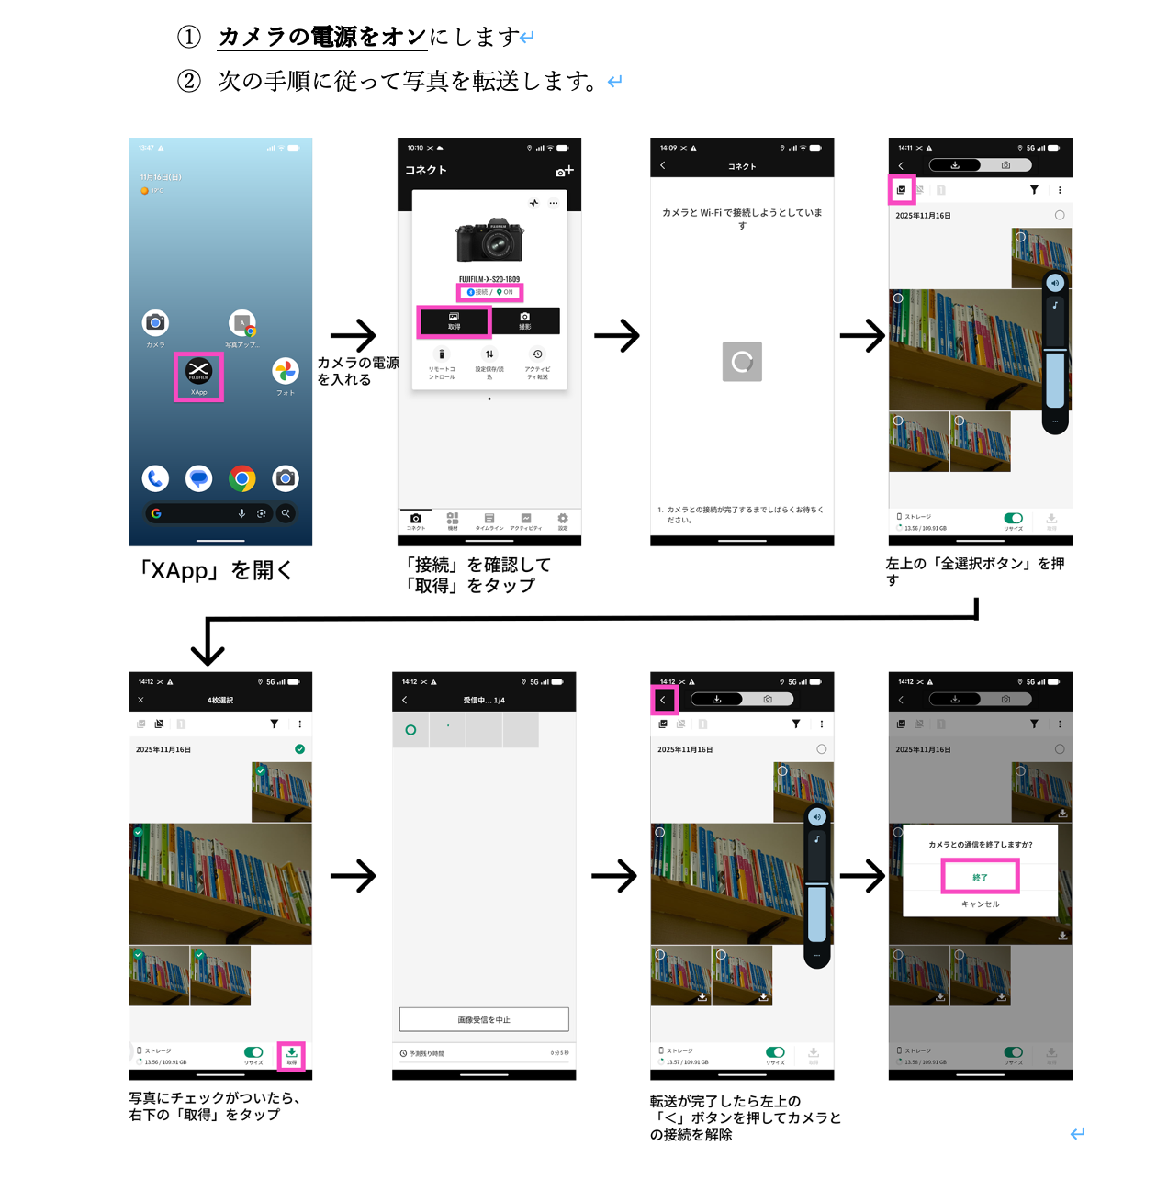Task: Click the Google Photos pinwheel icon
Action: tap(286, 371)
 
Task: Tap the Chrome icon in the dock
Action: tap(242, 478)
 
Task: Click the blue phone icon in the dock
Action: tap(155, 478)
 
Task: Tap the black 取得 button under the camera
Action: tap(454, 320)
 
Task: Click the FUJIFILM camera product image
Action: tap(489, 241)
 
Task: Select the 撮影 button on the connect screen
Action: tap(524, 320)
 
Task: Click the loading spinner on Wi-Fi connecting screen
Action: tap(742, 362)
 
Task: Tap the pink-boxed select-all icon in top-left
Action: tap(901, 190)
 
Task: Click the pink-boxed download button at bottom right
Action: tap(291, 1055)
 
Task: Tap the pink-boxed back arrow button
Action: tap(663, 700)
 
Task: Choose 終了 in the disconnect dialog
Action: tap(980, 877)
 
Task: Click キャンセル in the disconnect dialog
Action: tap(980, 904)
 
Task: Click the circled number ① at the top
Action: tap(189, 37)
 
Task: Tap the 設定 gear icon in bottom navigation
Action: tap(563, 519)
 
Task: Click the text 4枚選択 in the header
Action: tap(220, 700)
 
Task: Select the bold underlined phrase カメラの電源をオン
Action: tap(322, 37)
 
